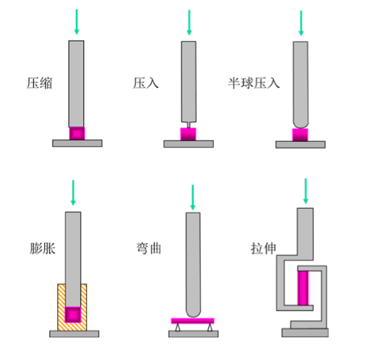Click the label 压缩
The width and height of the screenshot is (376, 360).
pos(39,83)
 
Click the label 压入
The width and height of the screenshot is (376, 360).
pos(146,83)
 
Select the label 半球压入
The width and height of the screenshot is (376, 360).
pos(254,83)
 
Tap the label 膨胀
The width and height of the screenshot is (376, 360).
pos(43,248)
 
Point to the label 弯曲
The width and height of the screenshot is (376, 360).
pos(148,248)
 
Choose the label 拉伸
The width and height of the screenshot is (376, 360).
pos(264,248)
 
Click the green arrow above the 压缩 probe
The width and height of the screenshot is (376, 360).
pos(77,22)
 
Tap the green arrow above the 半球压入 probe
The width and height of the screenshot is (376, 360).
pos(301,23)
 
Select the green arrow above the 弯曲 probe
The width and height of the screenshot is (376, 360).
pos(192,197)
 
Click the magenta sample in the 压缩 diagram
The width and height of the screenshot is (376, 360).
pos(77,134)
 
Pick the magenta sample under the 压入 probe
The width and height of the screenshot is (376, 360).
pos(188,134)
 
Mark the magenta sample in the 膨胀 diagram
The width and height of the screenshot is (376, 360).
pos(73,314)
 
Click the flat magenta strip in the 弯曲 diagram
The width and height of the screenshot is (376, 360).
pos(192,321)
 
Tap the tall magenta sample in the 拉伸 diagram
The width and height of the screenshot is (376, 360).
pos(303,288)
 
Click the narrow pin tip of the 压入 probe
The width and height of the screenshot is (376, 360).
pos(188,125)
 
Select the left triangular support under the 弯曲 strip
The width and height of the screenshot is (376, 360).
pos(177,328)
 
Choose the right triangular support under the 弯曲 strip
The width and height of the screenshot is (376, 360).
pos(210,328)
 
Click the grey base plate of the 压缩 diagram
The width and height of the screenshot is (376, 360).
pos(77,143)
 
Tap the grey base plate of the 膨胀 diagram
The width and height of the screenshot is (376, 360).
pos(75,334)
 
